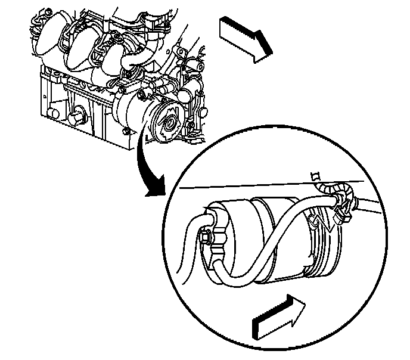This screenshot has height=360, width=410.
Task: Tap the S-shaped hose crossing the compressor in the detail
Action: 262,238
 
